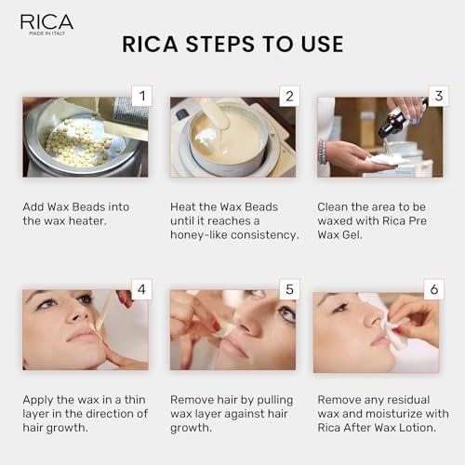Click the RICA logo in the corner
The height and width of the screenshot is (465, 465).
pos(46,23)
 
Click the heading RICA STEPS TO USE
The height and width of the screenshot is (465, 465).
pos(232,44)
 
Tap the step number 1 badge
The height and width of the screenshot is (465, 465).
pos(139,96)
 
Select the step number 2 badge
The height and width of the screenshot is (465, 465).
pos(287,96)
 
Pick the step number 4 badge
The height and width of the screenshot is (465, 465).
pos(139,289)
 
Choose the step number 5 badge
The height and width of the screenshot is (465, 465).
pos(287,289)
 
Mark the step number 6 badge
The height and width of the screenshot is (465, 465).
pos(433,289)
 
